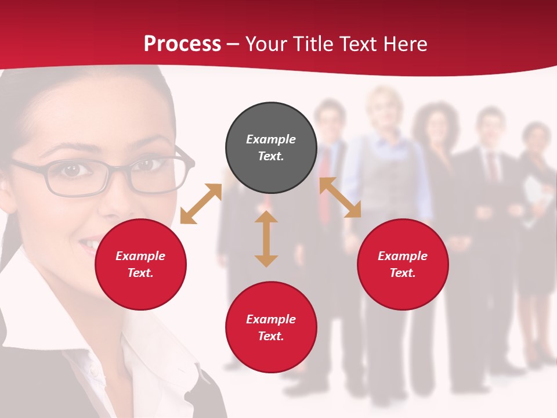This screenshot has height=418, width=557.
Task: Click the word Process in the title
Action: (x=182, y=44)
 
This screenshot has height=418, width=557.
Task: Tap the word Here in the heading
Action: (x=404, y=44)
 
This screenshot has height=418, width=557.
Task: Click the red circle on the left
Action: (x=140, y=264)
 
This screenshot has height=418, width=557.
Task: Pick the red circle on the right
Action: (x=403, y=264)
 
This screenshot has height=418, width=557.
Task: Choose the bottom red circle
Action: (x=271, y=327)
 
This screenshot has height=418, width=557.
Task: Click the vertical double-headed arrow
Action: (x=266, y=239)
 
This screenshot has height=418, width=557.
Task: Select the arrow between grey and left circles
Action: (x=201, y=204)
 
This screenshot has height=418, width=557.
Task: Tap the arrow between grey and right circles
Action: (x=340, y=197)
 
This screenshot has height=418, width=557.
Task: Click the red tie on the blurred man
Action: (x=325, y=174)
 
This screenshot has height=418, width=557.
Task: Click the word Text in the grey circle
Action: (x=271, y=156)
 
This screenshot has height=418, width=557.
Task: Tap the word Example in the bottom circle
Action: (x=271, y=319)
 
